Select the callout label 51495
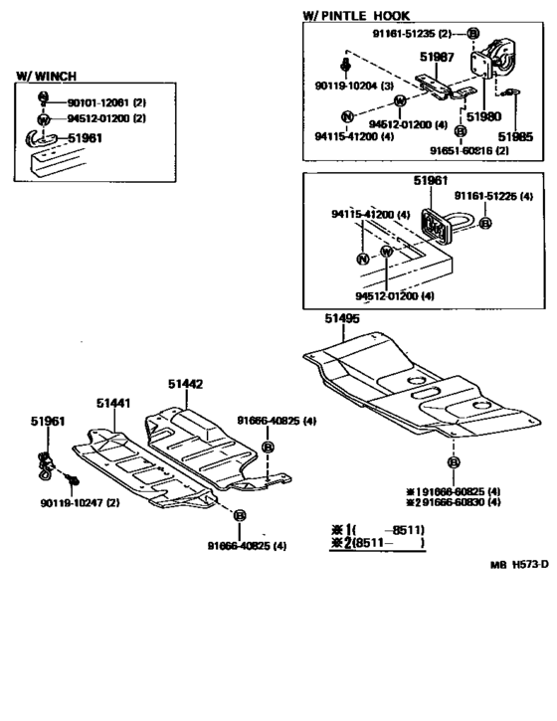point(341,319)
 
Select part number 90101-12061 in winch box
point(98,102)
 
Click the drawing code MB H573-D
point(519,564)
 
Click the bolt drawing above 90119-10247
point(71,481)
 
